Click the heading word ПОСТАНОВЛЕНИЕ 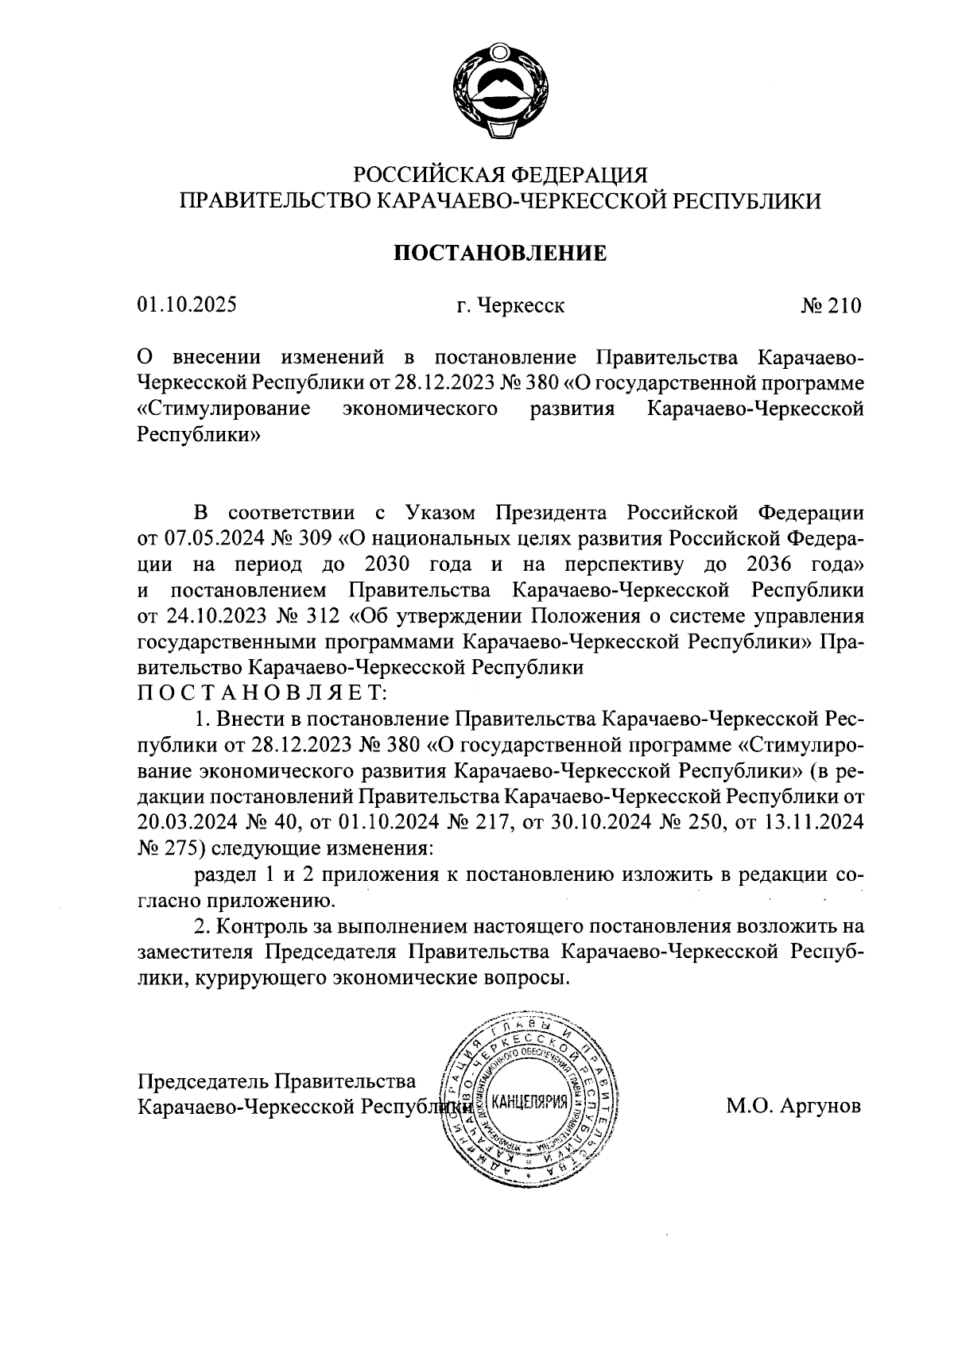[500, 254]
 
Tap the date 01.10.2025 [187, 306]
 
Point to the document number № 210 [831, 306]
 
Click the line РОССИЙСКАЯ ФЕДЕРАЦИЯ [500, 174]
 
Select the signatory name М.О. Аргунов [793, 1106]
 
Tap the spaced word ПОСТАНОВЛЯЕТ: [262, 693]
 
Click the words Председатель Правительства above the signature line [277, 1081]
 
